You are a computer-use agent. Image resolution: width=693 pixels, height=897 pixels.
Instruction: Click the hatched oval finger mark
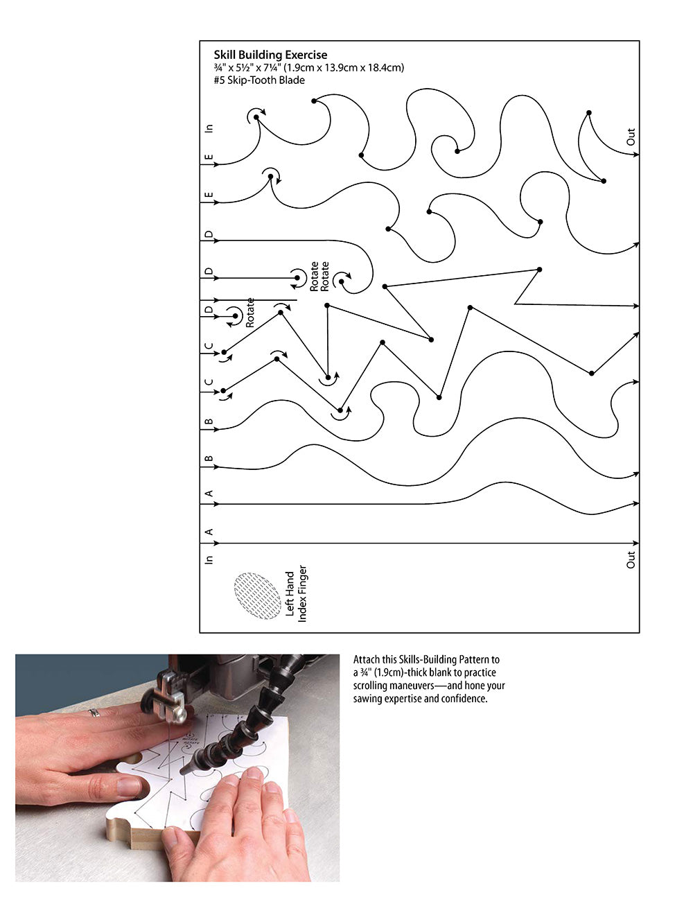[257, 595]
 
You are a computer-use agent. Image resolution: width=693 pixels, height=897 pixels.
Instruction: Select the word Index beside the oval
[302, 610]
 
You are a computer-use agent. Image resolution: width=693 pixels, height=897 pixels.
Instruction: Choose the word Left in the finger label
[290, 608]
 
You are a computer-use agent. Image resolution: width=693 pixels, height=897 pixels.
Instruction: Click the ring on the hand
[94, 712]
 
